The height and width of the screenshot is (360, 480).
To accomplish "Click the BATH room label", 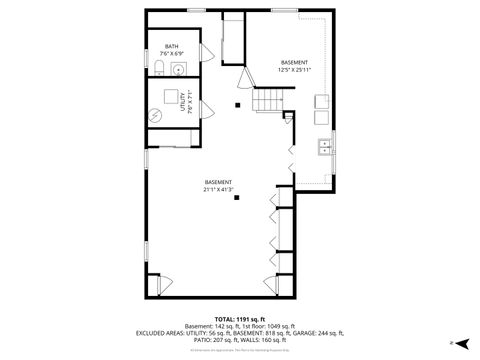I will pos(172,47).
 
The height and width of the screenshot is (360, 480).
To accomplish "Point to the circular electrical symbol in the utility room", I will pos(155,114).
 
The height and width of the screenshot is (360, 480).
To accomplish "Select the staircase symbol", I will pos(269,99).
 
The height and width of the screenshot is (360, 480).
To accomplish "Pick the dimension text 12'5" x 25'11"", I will pos(294,70).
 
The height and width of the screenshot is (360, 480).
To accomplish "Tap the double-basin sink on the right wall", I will pos(324,146).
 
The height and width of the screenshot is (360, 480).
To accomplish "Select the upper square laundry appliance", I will pos(323,101).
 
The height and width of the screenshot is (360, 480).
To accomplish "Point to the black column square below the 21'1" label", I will pos(237,198).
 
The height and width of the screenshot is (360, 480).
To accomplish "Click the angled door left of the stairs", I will pos(244,79).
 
